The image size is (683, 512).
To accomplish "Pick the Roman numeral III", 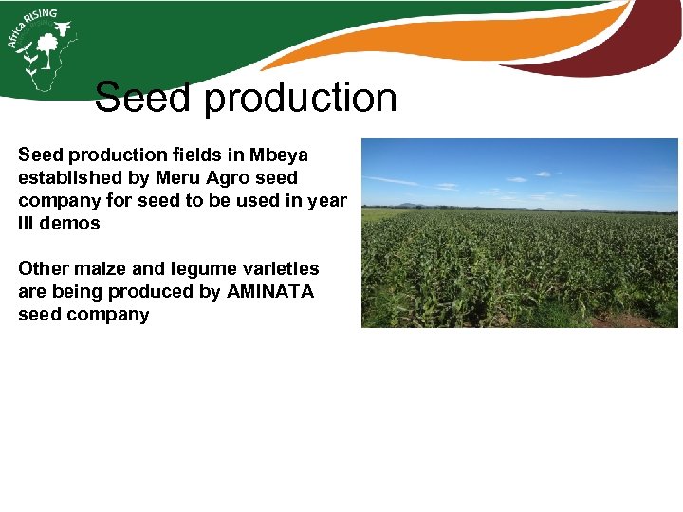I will [x=28, y=224].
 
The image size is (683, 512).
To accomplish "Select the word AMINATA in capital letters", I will [x=269, y=291].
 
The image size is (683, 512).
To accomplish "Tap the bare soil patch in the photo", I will [x=626, y=320].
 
